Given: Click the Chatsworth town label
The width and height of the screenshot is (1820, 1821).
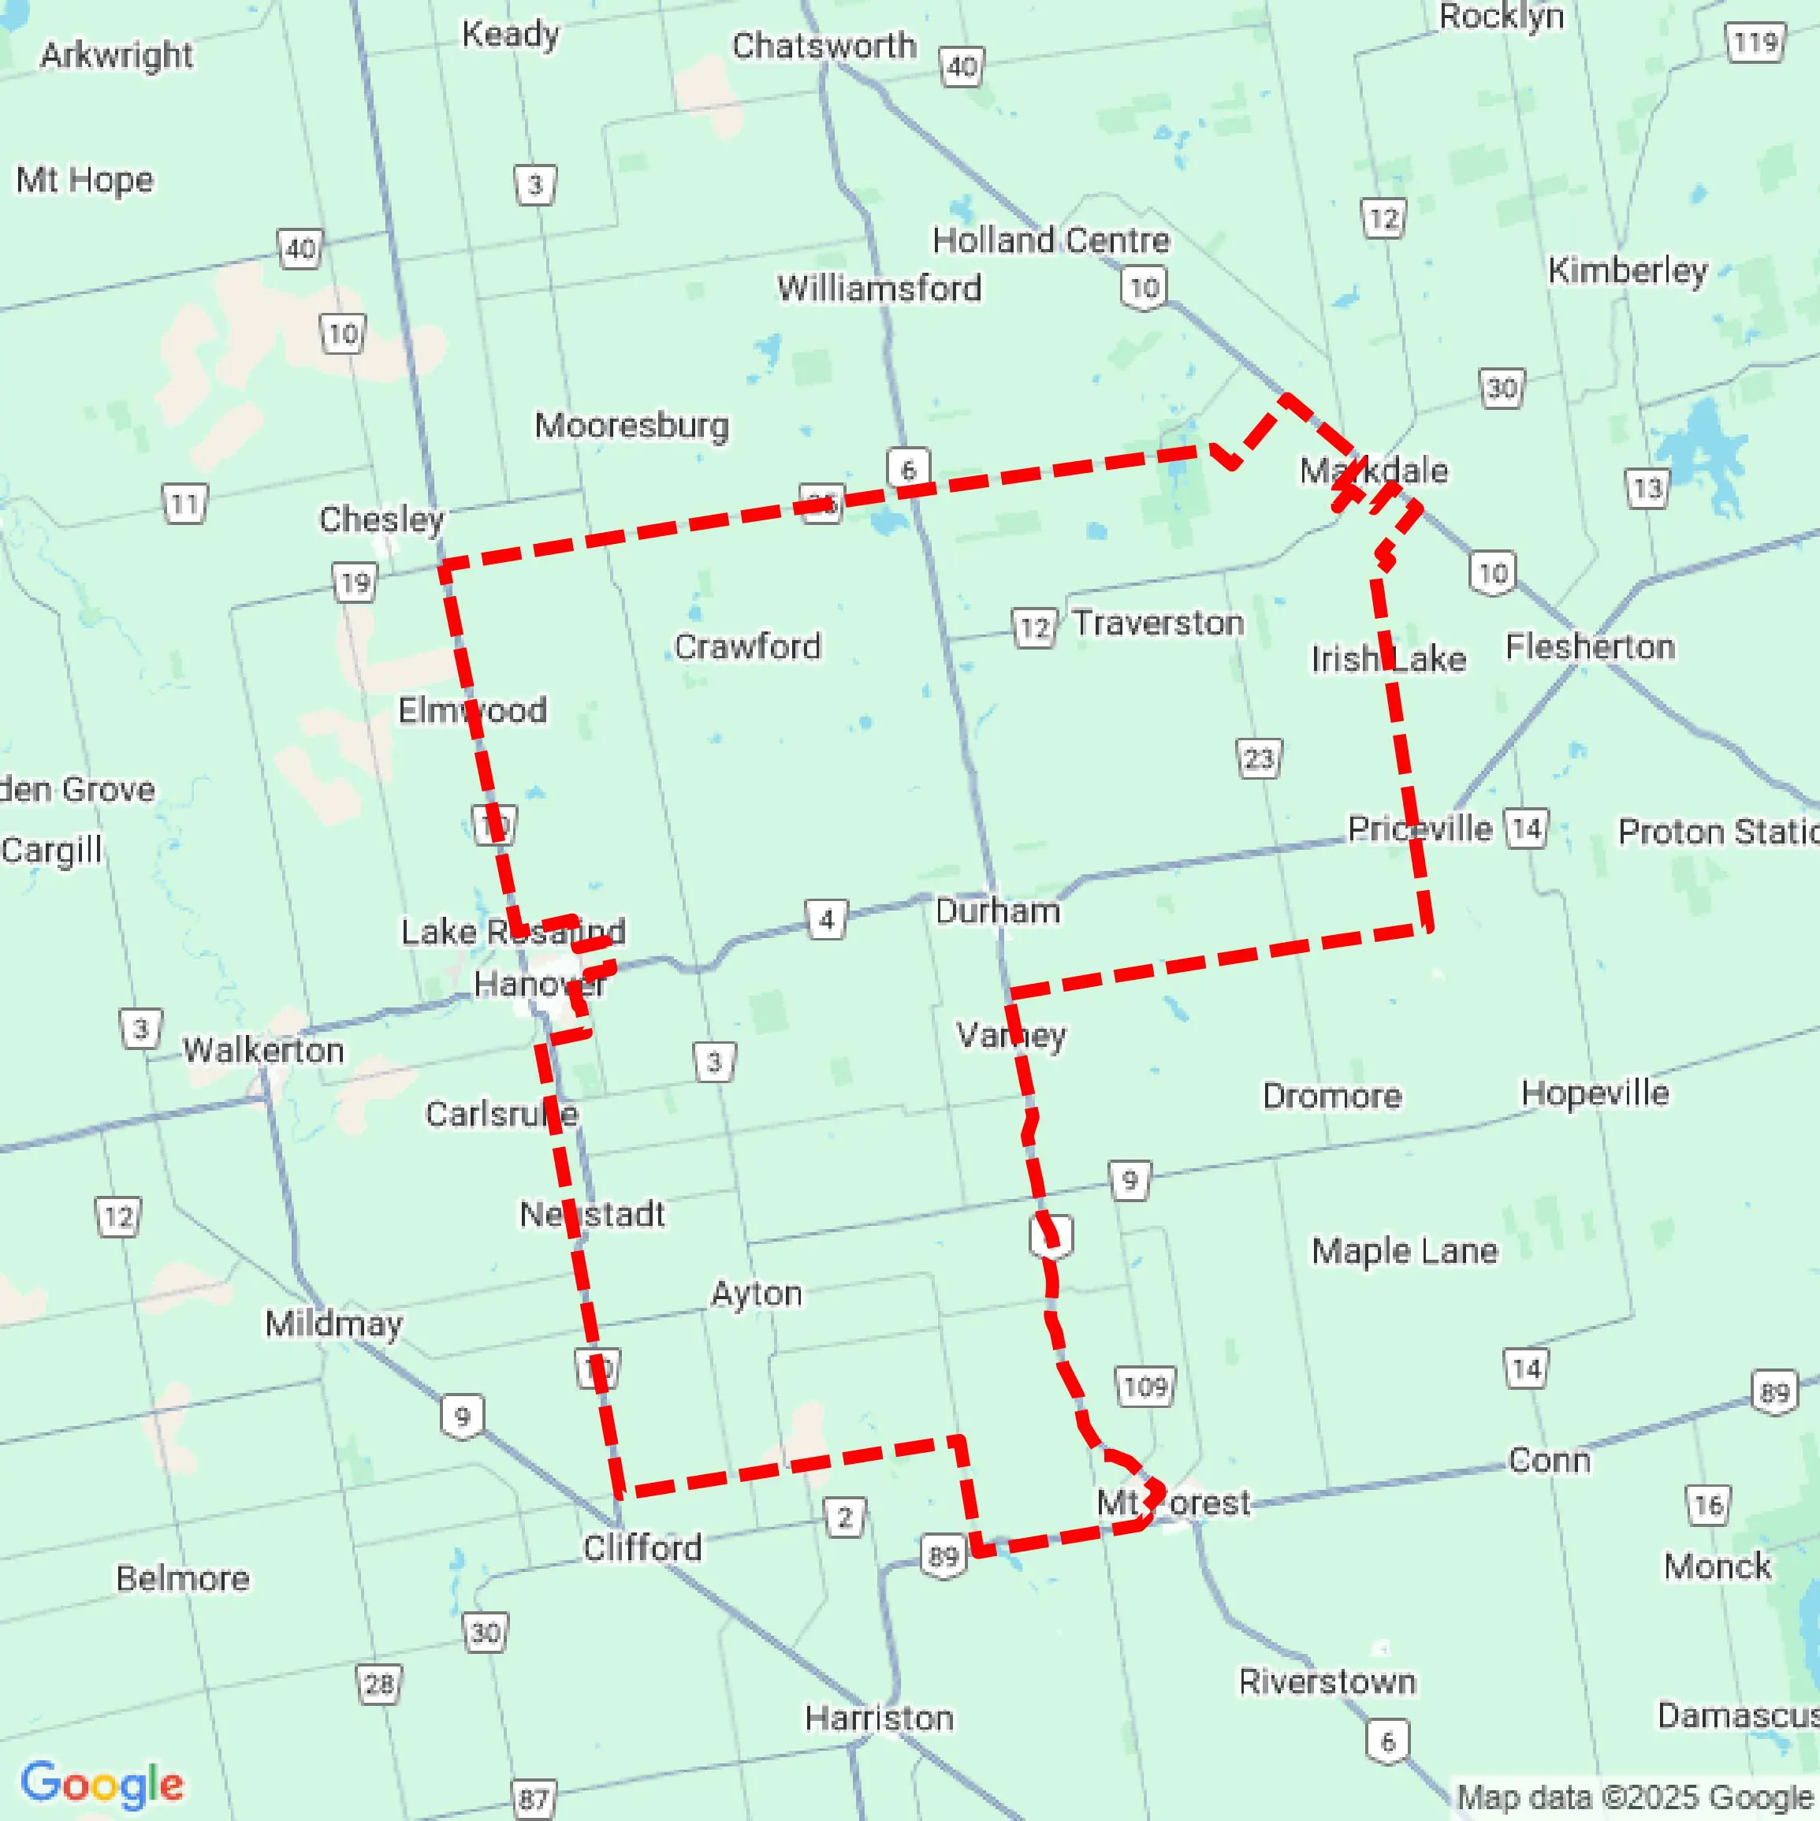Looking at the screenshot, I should [823, 45].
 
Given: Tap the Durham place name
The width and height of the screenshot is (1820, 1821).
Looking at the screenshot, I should [997, 910].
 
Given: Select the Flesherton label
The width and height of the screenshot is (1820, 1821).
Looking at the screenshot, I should [1590, 646].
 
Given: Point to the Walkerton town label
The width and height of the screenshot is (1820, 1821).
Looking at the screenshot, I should [263, 1050].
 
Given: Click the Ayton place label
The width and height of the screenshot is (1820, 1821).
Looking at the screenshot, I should [757, 1293].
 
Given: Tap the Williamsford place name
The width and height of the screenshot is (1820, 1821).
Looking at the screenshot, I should [878, 288].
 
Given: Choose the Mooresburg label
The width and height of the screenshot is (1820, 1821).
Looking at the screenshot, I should [631, 425].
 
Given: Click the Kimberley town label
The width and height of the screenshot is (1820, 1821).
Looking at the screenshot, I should [1628, 270].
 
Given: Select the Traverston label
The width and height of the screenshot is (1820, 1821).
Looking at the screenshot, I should [1159, 622].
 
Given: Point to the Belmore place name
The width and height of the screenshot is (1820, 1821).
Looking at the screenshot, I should [183, 1578].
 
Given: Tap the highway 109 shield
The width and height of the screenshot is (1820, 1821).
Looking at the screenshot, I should [1145, 1387].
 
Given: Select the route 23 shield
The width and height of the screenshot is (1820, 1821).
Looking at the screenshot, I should [1258, 758].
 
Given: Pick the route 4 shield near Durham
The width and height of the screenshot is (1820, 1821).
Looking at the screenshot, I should [827, 919].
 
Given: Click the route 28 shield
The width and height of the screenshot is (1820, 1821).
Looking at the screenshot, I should [379, 1683].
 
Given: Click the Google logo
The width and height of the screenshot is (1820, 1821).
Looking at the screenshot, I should [102, 1783].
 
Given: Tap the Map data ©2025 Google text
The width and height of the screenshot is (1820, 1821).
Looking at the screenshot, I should [1636, 1797].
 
